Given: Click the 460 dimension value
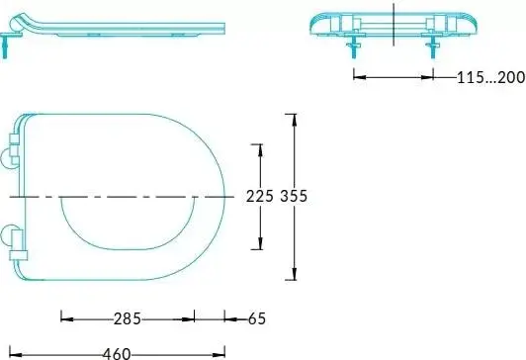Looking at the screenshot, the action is point(117,354).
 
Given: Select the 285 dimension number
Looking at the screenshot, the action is point(128,318).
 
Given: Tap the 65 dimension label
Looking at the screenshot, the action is point(257,318).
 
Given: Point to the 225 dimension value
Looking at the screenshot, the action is point(260,196).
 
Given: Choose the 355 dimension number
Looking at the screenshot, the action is point(294,196).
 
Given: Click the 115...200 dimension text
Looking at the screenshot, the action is point(490,77).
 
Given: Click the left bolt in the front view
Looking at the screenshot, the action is point(354,46).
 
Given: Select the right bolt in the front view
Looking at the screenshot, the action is point(433,46).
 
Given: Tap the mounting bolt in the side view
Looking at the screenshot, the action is point(4,46).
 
